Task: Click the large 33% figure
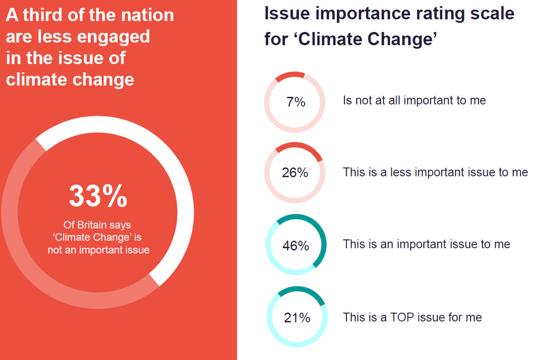click(98, 196)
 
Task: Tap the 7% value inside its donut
click(296, 102)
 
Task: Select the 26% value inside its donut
click(295, 173)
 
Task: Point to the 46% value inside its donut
click(296, 246)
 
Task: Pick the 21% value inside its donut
click(297, 318)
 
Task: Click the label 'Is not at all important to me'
click(414, 101)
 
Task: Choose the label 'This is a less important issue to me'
click(435, 172)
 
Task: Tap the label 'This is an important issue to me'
click(427, 244)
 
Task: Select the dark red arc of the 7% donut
click(290, 75)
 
